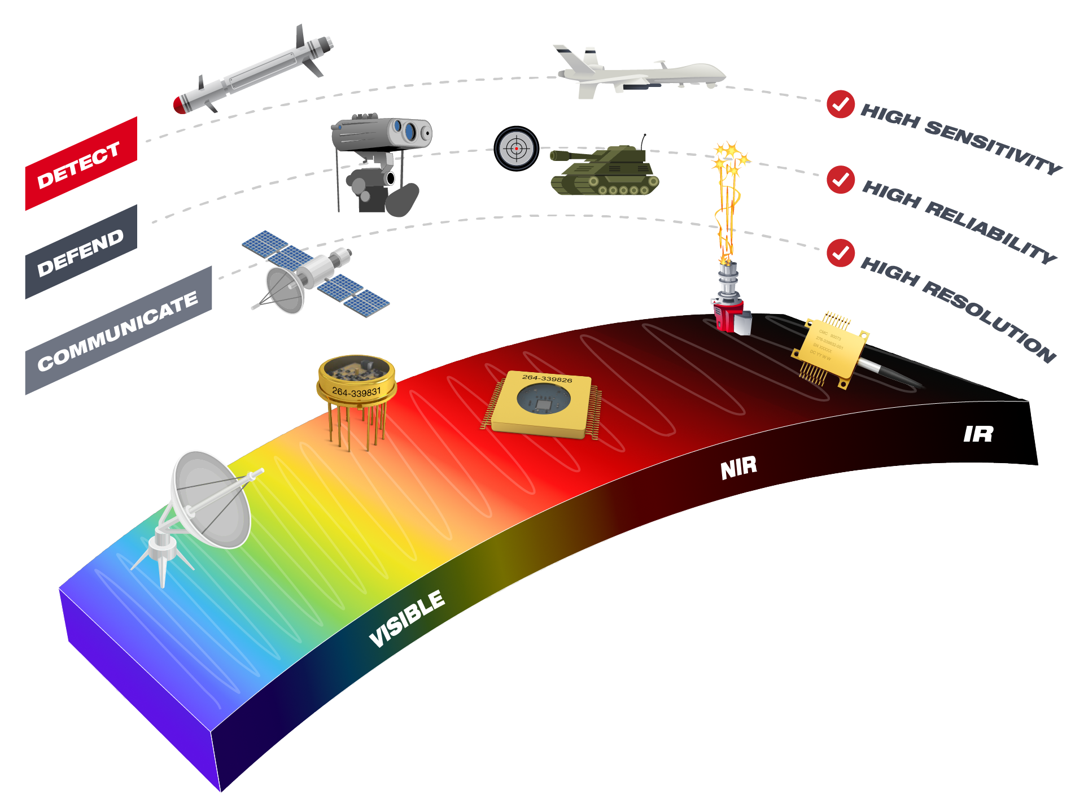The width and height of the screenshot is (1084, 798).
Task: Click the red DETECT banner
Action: click(x=81, y=164)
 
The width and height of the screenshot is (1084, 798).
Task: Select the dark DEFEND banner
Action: click(x=81, y=252)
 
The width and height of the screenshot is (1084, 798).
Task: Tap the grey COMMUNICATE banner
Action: click(x=118, y=330)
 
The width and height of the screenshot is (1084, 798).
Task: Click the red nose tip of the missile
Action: click(x=180, y=105)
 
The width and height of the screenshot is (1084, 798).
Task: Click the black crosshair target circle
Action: click(x=516, y=149)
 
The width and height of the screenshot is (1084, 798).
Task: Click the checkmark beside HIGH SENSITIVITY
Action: click(x=840, y=104)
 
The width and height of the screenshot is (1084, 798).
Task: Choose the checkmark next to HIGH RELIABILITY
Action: click(x=840, y=180)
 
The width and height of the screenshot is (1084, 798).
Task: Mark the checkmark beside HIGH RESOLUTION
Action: click(x=840, y=252)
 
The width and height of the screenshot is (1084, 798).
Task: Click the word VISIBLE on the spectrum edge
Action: click(x=406, y=618)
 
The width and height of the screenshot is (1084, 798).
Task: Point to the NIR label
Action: click(x=738, y=468)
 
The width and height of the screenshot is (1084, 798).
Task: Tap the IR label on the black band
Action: click(x=978, y=434)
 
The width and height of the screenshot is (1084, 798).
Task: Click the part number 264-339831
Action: click(x=356, y=391)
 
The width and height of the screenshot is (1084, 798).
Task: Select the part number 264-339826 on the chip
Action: click(x=547, y=378)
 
